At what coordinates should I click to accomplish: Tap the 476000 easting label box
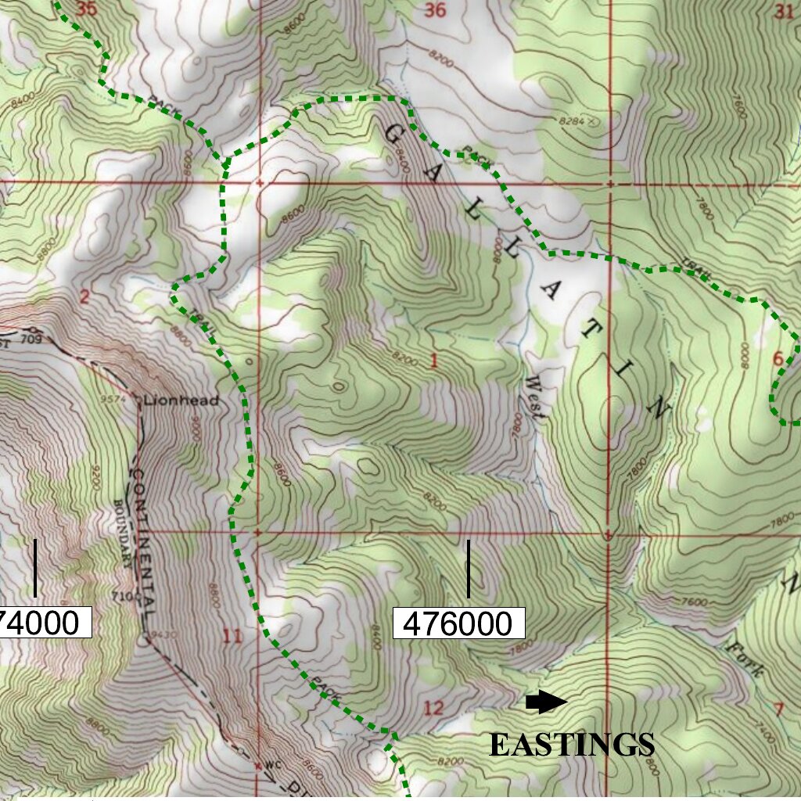[458, 624]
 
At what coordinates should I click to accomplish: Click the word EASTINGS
[572, 745]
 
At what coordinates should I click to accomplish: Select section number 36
[434, 10]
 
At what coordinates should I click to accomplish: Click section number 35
[88, 9]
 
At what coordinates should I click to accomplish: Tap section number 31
[785, 11]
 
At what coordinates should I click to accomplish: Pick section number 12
[433, 709]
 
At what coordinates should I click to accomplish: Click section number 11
[232, 635]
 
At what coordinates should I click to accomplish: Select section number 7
[778, 709]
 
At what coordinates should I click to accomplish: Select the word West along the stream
[537, 400]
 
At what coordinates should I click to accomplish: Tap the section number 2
[84, 296]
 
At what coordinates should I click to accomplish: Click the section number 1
[433, 361]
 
